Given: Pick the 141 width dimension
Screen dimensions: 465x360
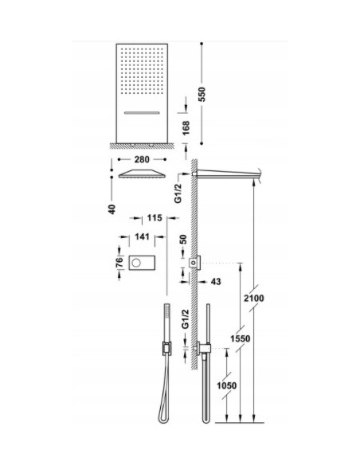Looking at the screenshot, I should pos(144,236).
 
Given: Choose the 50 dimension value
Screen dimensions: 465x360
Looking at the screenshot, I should pos(186,240).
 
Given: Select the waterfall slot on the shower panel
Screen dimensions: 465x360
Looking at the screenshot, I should pos(144,115).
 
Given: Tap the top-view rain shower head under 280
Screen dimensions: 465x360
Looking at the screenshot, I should pos(143,175).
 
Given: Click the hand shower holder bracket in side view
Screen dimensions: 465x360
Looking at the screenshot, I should pos(203,347).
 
